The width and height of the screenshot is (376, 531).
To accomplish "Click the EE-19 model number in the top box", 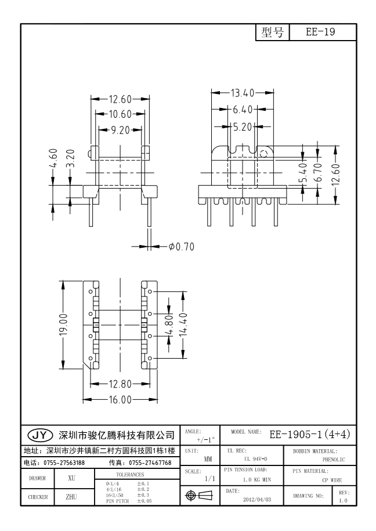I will pos(321,33).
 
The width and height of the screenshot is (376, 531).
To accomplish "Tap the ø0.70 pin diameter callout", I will pos(181,247).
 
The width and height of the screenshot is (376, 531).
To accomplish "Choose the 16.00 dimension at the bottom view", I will pos(120,399).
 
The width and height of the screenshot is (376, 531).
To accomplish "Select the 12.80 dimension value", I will pos(120,383).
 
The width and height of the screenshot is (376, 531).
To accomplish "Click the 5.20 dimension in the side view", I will pos(244,125).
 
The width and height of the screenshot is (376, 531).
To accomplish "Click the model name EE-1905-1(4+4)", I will pos(310,434).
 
